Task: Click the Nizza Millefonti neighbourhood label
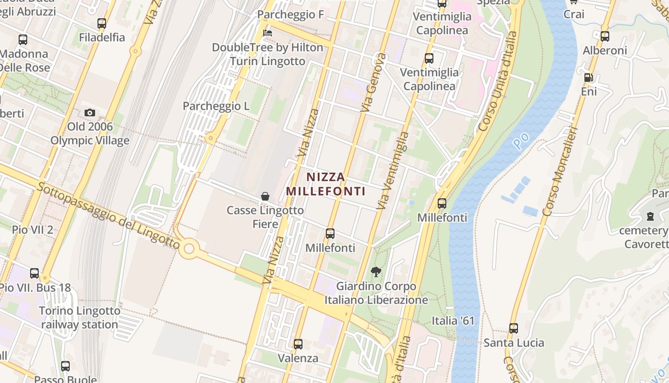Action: click(325, 184)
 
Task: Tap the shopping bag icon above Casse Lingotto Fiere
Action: click(265, 196)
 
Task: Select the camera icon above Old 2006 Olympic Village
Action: click(90, 113)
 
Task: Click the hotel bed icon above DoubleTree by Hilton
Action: click(268, 33)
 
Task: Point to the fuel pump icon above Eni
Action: click(589, 77)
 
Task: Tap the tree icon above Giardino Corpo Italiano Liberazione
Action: click(376, 272)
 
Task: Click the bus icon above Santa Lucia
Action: click(514, 328)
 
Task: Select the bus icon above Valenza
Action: click(298, 344)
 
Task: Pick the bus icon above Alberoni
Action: click(605, 36)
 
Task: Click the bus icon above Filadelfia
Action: click(102, 23)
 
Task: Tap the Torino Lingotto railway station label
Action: click(79, 317)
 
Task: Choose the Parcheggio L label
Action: click(216, 106)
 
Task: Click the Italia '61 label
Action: click(453, 320)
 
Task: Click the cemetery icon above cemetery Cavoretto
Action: click(650, 216)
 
